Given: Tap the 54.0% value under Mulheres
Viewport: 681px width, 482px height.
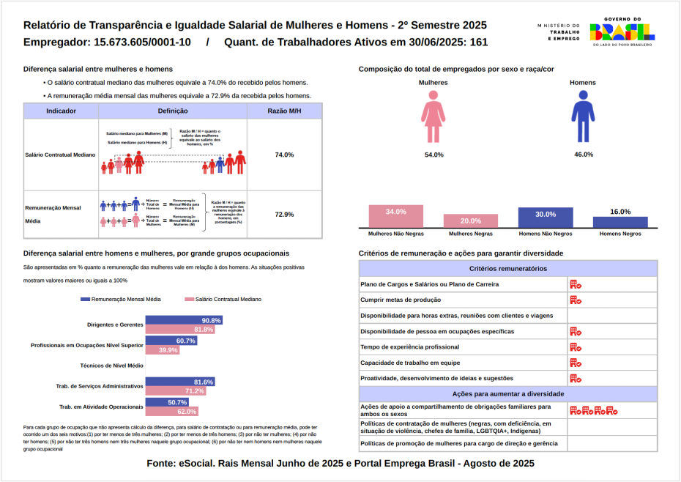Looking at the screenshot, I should (x=433, y=155).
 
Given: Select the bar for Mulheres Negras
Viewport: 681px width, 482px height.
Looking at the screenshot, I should (x=471, y=221).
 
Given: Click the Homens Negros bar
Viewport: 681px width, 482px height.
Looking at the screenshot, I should (x=620, y=222).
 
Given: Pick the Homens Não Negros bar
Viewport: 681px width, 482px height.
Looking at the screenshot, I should (x=546, y=218).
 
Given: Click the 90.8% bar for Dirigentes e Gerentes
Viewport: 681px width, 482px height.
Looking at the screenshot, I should (x=184, y=321).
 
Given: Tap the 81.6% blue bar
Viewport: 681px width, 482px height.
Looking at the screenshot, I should (x=180, y=382).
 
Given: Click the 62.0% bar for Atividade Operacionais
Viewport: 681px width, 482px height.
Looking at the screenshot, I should (x=172, y=412).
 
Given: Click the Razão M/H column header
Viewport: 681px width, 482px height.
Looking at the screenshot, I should (x=284, y=111).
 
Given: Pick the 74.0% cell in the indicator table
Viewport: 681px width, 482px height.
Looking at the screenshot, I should (x=284, y=155).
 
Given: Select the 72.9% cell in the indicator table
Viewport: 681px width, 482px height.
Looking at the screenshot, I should (x=284, y=215).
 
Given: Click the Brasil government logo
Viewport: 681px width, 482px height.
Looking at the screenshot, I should (x=622, y=30).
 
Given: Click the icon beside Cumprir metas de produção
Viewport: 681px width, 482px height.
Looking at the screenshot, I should (x=576, y=300).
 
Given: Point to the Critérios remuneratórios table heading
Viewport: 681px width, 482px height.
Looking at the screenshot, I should (x=508, y=269).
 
